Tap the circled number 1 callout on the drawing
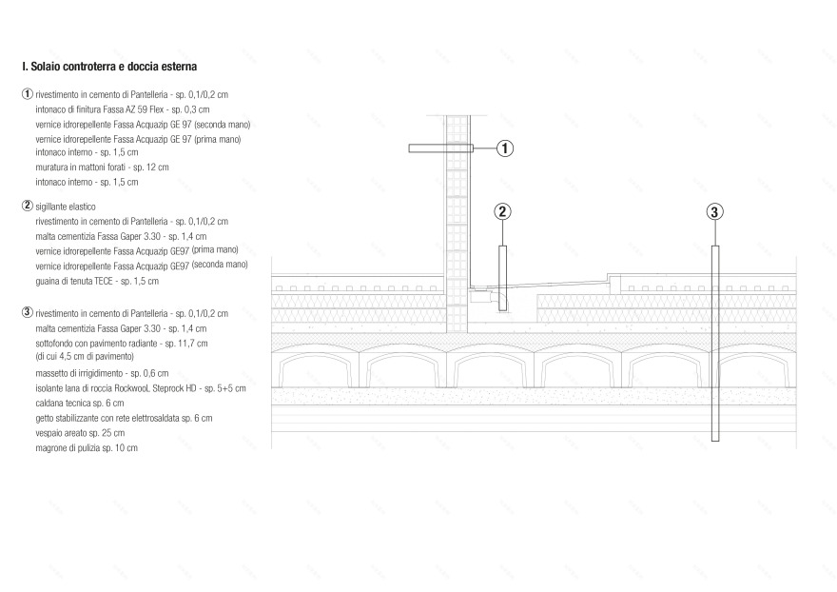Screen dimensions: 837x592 pyautogui.click(x=505, y=148)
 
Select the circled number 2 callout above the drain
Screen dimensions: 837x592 pyautogui.click(x=502, y=211)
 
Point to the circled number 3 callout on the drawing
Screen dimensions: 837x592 pyautogui.click(x=714, y=212)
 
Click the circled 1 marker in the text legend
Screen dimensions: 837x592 pyautogui.click(x=28, y=94)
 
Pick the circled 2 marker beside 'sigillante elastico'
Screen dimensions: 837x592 pyautogui.click(x=28, y=206)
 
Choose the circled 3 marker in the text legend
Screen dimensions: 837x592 pyautogui.click(x=28, y=312)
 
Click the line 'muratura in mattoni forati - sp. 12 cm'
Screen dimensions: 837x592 pyautogui.click(x=102, y=168)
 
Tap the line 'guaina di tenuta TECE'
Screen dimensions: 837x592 pyautogui.click(x=97, y=281)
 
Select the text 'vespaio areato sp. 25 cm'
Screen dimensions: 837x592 pyautogui.click(x=80, y=433)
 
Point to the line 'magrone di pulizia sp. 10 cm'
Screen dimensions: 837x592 pyautogui.click(x=87, y=448)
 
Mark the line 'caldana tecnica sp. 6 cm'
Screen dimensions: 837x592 pyautogui.click(x=80, y=404)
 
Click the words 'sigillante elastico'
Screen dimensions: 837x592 pyautogui.click(x=66, y=207)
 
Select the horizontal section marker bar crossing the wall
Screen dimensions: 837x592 pyautogui.click(x=441, y=148)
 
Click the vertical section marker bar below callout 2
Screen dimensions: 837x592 pyautogui.click(x=503, y=278)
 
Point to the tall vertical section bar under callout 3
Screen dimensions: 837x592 pyautogui.click(x=715, y=344)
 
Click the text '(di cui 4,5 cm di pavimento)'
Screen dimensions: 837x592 pyautogui.click(x=85, y=356)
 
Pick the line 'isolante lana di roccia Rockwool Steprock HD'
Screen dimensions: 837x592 pyautogui.click(x=141, y=388)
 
